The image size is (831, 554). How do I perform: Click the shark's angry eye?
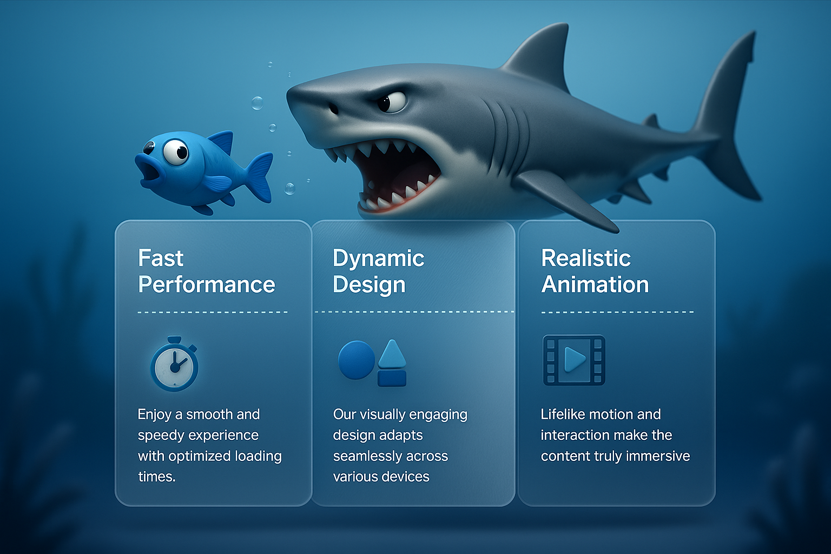pos(391,102)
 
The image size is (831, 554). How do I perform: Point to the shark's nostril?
pos(333,109)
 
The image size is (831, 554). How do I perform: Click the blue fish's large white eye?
pos(176,152)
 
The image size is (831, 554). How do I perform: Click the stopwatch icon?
pos(174,364)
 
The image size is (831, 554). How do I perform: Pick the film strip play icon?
pos(574,360)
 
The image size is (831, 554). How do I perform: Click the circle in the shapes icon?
pos(357,360)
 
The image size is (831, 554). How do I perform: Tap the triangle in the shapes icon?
pos(392,354)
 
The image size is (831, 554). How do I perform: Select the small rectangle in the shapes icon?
pos(392,379)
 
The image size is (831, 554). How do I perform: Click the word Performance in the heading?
pos(206,285)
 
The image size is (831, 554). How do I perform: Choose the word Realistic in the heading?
pos(586,258)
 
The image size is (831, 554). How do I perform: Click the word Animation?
pos(595,285)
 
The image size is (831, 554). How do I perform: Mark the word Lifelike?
pos(563,414)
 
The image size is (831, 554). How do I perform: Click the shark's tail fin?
pos(727,118)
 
